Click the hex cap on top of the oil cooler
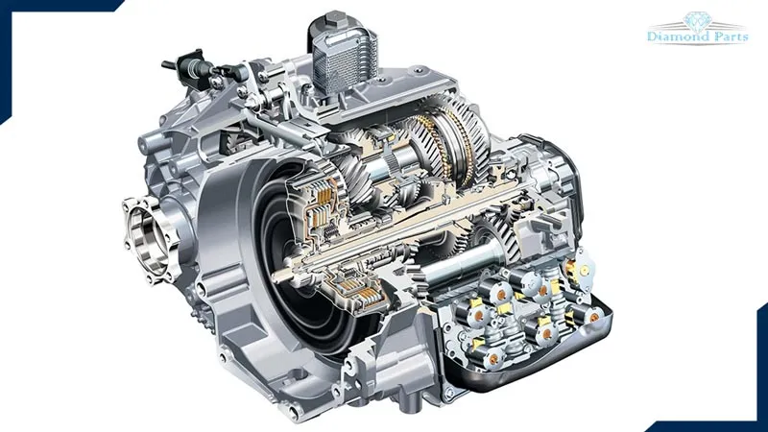coord(334,18)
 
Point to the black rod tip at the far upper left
coord(166,64)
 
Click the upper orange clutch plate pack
coord(324,197)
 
